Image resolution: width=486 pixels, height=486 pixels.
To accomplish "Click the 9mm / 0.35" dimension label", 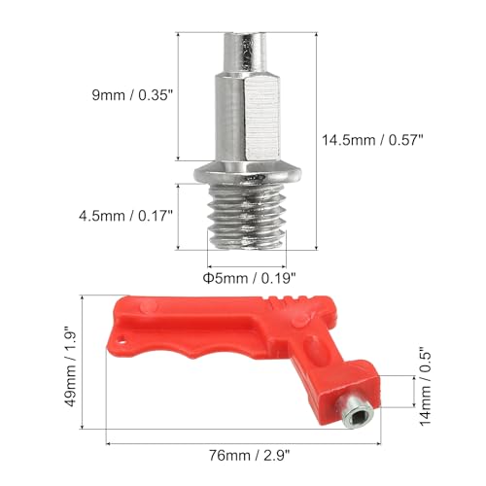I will tap(130, 95).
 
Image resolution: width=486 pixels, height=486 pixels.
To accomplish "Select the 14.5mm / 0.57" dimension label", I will tap(364, 139).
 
